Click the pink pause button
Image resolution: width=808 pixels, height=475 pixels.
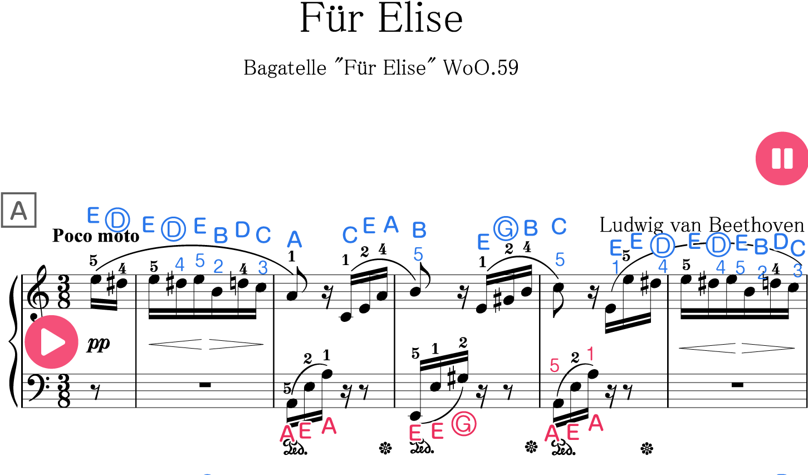(x=782, y=159)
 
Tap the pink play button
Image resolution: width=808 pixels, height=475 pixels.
(x=52, y=342)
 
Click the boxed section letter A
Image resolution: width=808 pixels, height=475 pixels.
(x=19, y=210)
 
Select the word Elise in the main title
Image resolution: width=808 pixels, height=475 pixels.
(x=420, y=18)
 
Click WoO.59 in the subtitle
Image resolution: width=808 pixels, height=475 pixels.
(x=481, y=67)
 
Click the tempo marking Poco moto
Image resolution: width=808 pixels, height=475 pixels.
(x=96, y=236)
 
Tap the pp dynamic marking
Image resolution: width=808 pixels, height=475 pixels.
(x=98, y=344)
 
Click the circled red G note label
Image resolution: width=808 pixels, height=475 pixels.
(x=464, y=424)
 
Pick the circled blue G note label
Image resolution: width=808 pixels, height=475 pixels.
(x=506, y=229)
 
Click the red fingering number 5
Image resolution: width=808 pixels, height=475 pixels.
(x=555, y=366)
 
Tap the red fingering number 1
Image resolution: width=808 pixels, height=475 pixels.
(x=590, y=354)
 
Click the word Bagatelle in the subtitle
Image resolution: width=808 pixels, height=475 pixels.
(x=285, y=67)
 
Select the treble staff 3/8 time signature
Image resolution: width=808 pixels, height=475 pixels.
(x=64, y=292)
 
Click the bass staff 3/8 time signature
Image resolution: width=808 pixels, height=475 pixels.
(x=64, y=391)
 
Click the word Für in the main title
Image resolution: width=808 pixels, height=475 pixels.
(x=332, y=17)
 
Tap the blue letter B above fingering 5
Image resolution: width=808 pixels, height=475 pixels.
(x=419, y=230)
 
